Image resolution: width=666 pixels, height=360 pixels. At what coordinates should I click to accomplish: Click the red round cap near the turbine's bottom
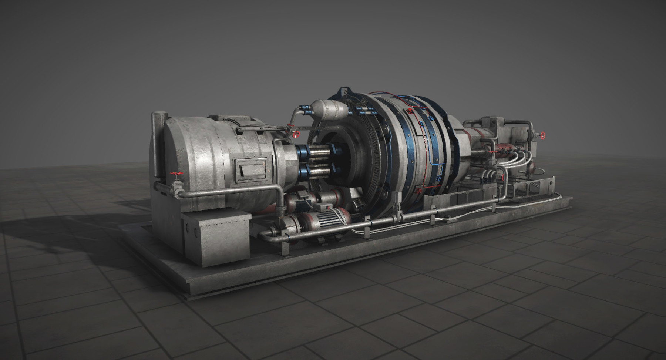pyautogui.click(x=418, y=190)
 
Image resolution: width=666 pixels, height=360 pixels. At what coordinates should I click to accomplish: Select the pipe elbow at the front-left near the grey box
pyautogui.click(x=263, y=235)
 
